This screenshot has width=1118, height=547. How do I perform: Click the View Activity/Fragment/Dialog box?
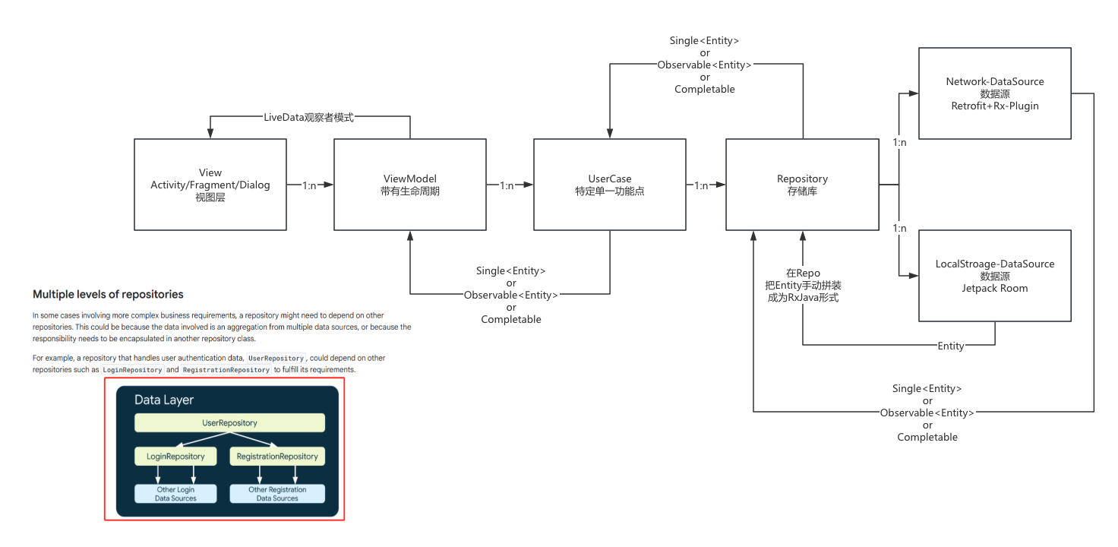pos(210,185)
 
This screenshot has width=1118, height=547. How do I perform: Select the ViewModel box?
pos(410,185)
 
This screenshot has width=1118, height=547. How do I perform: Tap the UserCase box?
pos(609,185)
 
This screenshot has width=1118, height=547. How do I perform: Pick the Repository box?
pos(802,185)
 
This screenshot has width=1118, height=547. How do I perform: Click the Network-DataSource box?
pos(995,93)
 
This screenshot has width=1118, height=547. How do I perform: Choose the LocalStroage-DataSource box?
pos(995,276)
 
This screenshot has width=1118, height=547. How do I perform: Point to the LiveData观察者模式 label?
pos(308,118)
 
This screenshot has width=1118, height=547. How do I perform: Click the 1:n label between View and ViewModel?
pos(310,185)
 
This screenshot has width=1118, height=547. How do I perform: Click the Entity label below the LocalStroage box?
pos(951,346)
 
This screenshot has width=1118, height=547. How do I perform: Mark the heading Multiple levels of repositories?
pos(108,295)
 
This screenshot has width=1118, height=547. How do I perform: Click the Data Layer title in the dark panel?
pos(164,400)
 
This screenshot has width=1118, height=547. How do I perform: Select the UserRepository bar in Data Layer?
pos(229,423)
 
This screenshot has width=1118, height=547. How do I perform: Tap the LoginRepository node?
pos(175,457)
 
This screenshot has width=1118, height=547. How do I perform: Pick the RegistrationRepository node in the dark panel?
pos(277,457)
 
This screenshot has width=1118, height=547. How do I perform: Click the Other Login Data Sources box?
pos(175,494)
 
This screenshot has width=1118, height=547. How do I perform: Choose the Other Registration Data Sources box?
pos(277,494)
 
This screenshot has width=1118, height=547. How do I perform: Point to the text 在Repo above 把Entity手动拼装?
pos(803,273)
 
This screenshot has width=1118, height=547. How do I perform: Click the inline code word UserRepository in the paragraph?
pos(276,358)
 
